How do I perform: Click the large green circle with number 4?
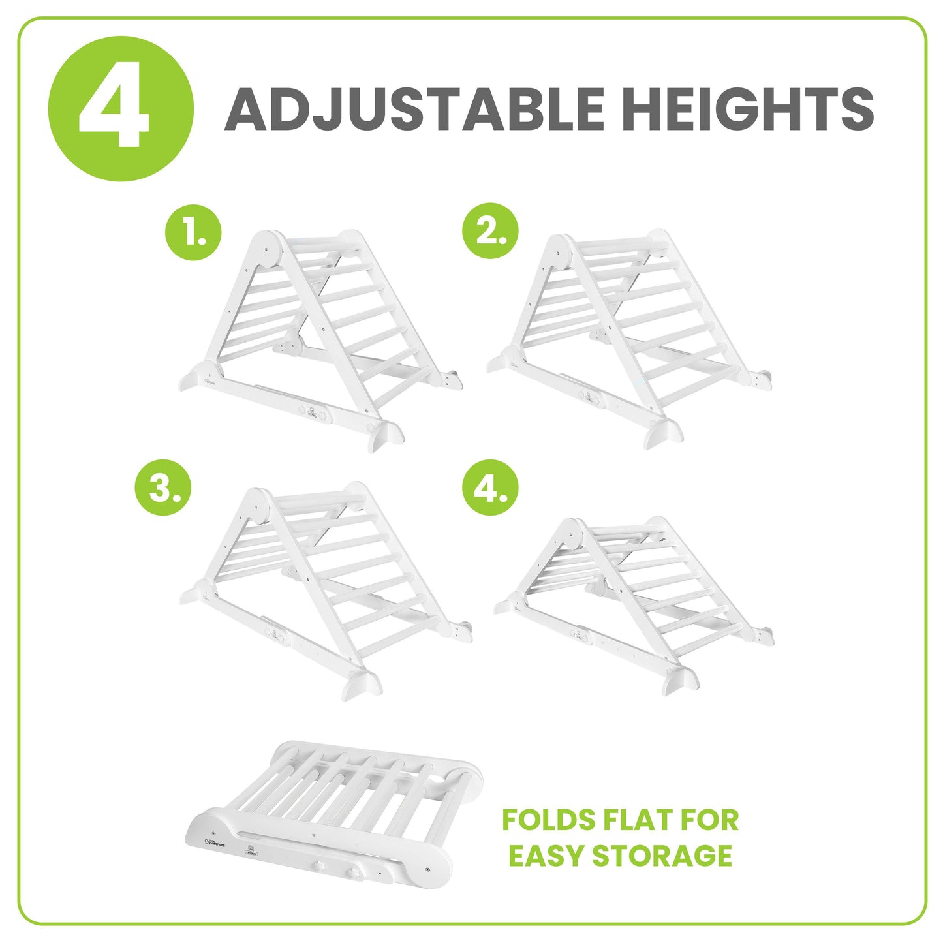pyautogui.click(x=121, y=108)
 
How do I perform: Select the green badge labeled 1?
pyautogui.click(x=193, y=232)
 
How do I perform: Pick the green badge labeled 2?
pyautogui.click(x=490, y=232)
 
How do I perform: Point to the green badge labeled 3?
pyautogui.click(x=163, y=488)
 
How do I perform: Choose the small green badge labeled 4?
pyautogui.click(x=490, y=488)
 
